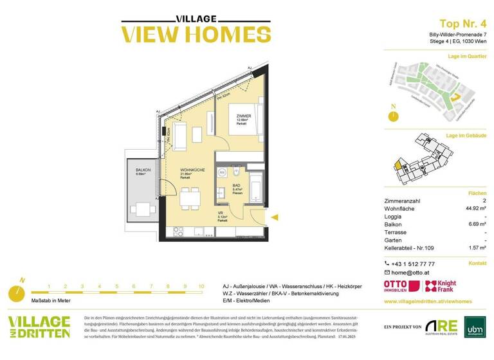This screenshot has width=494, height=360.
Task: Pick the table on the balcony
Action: pos(140,208)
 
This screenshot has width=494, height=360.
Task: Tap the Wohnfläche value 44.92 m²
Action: pos(476,208)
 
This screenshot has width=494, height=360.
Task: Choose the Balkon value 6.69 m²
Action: pos(477,224)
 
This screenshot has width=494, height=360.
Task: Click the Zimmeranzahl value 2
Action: pos(483,200)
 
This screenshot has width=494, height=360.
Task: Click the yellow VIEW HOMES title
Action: pos(187,33)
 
